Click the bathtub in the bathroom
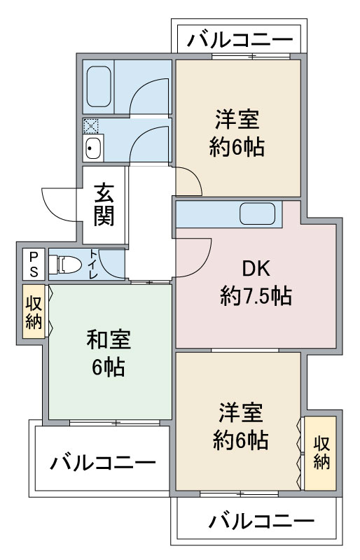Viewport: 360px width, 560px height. (x=99, y=86)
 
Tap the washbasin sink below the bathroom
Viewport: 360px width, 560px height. (x=94, y=148)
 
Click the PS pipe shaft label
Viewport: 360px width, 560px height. (x=34, y=264)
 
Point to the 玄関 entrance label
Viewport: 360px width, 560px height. (x=104, y=205)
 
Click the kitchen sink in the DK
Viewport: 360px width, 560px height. (x=258, y=213)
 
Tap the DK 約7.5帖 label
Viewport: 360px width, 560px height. (x=256, y=283)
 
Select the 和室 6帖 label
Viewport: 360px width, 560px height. (x=109, y=353)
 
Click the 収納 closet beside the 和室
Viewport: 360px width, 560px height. (x=34, y=311)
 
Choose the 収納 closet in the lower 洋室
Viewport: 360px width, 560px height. (x=321, y=453)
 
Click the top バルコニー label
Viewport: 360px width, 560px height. (x=240, y=39)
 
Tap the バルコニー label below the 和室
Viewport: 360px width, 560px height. (x=103, y=463)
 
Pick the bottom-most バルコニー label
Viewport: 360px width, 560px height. (x=261, y=521)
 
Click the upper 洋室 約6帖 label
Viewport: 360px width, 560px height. (x=237, y=133)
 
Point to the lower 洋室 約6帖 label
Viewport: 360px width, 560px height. (x=241, y=426)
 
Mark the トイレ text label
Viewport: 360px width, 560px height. (x=93, y=265)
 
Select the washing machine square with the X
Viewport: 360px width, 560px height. (x=91, y=126)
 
